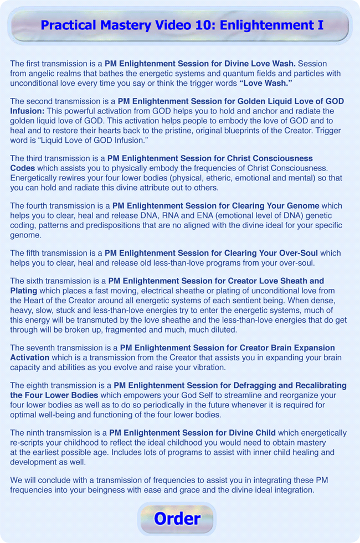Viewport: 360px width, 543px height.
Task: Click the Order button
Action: click(x=177, y=519)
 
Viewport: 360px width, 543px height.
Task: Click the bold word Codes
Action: click(x=23, y=168)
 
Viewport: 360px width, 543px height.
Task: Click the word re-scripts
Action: click(x=29, y=443)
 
